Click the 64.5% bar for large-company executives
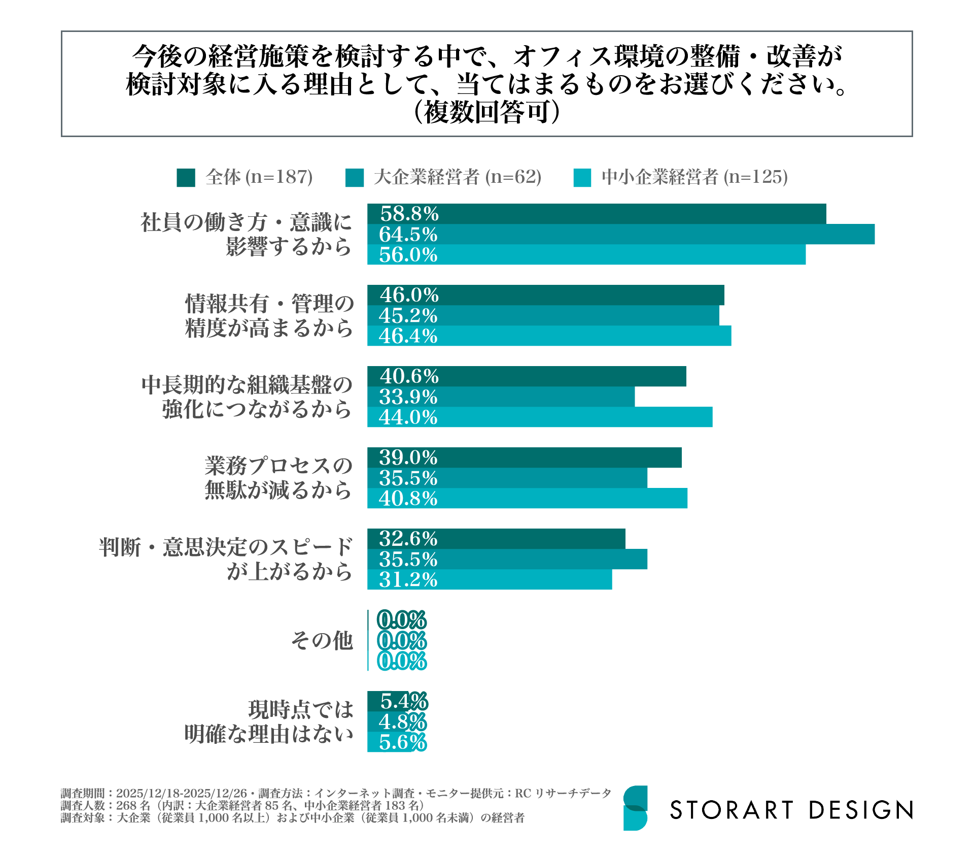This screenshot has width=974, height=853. click(620, 234)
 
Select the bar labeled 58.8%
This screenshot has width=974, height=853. click(597, 214)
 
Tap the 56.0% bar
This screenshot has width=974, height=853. click(586, 254)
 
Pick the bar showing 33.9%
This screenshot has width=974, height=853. click(501, 397)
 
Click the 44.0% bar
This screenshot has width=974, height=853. click(540, 417)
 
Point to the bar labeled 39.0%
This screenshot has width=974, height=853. click(524, 457)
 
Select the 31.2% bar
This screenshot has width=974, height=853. click(490, 579)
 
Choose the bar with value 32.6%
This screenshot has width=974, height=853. click(496, 539)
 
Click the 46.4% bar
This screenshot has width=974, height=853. click(549, 336)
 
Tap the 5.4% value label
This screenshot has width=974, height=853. click(404, 701)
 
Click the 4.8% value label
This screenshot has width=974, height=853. click(403, 721)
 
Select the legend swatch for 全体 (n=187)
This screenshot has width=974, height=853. click(186, 178)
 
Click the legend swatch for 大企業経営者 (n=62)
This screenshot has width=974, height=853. click(354, 178)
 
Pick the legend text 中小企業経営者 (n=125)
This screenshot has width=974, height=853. click(694, 177)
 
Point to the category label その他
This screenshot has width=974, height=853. click(322, 640)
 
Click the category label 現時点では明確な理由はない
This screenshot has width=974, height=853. click(268, 721)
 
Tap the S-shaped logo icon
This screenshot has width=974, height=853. click(635, 808)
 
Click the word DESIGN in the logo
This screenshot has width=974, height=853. click(860, 810)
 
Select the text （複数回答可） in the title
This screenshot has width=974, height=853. click(486, 112)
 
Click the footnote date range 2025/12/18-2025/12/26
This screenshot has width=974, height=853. click(181, 793)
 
